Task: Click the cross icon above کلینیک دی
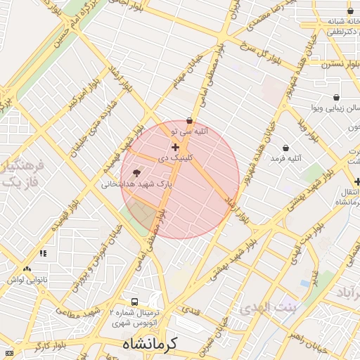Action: click(175, 147)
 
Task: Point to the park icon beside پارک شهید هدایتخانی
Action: click(136, 172)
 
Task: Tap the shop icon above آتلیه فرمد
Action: click(285, 148)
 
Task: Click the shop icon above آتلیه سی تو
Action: click(190, 120)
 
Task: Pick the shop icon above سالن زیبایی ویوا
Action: click(336, 97)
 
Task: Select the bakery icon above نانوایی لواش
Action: click(27, 269)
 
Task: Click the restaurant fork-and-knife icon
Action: click(43, 253)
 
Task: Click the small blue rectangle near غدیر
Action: click(304, 283)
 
